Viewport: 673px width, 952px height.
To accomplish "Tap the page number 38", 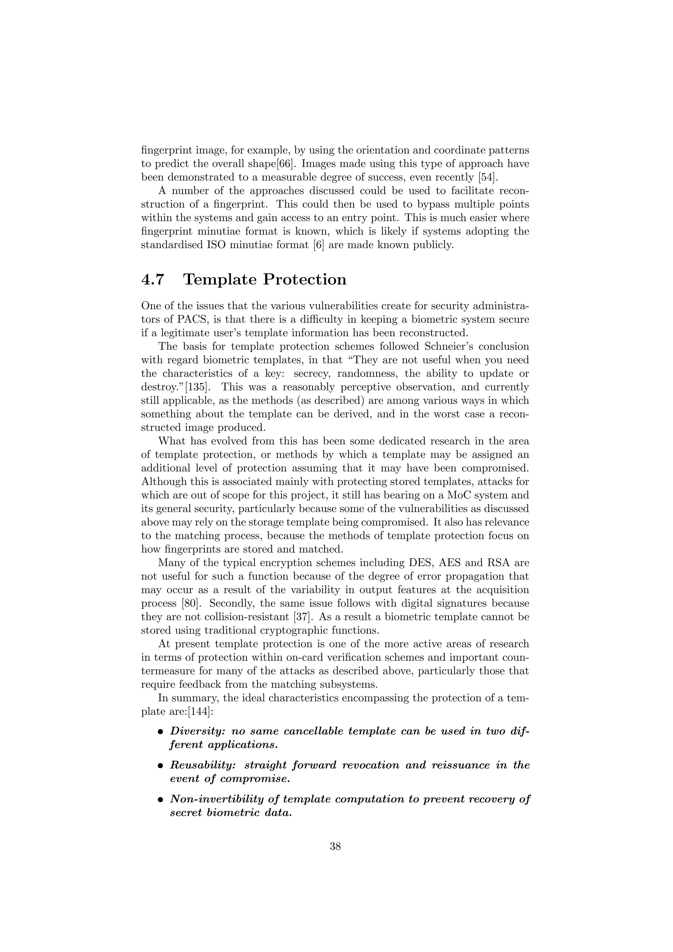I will (335, 847).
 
